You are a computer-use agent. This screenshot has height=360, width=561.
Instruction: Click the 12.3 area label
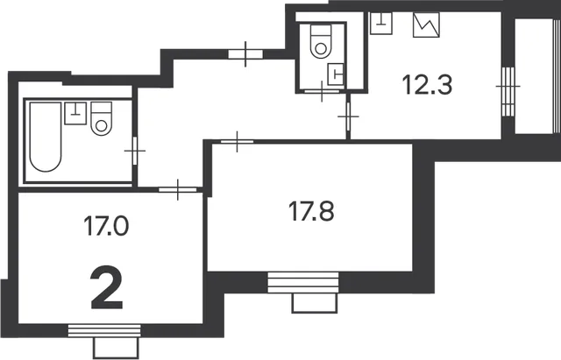coord(427,85)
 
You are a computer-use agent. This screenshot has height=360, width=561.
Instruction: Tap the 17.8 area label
coord(311,211)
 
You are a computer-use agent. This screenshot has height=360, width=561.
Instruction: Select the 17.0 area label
coord(106,226)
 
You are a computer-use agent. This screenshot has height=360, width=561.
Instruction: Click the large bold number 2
coord(107,288)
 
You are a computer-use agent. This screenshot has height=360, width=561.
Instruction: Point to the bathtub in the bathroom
coord(46,137)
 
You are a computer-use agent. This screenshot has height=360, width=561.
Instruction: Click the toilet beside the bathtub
coord(102,119)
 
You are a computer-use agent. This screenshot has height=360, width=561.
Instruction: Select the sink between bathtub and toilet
coord(75,113)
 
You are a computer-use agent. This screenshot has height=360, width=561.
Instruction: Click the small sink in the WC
coord(336,74)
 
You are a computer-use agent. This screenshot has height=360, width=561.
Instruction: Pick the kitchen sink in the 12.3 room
coord(381,24)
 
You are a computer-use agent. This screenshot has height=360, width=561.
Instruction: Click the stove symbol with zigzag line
coord(426,25)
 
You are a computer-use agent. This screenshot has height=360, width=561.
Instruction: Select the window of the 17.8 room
coord(303,282)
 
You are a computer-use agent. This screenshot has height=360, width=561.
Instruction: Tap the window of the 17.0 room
coord(104,331)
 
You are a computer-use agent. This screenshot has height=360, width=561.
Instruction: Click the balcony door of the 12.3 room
coord(508,91)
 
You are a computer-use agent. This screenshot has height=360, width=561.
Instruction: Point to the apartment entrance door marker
coord(245,54)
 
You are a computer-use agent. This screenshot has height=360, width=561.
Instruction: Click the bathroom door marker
coord(135,151)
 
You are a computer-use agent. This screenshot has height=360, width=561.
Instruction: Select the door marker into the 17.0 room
coord(178,189)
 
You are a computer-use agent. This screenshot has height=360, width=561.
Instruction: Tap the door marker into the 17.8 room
coord(237,142)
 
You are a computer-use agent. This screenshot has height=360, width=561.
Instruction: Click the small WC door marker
coord(322,91)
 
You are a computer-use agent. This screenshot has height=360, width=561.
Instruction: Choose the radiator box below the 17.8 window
coord(315,303)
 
